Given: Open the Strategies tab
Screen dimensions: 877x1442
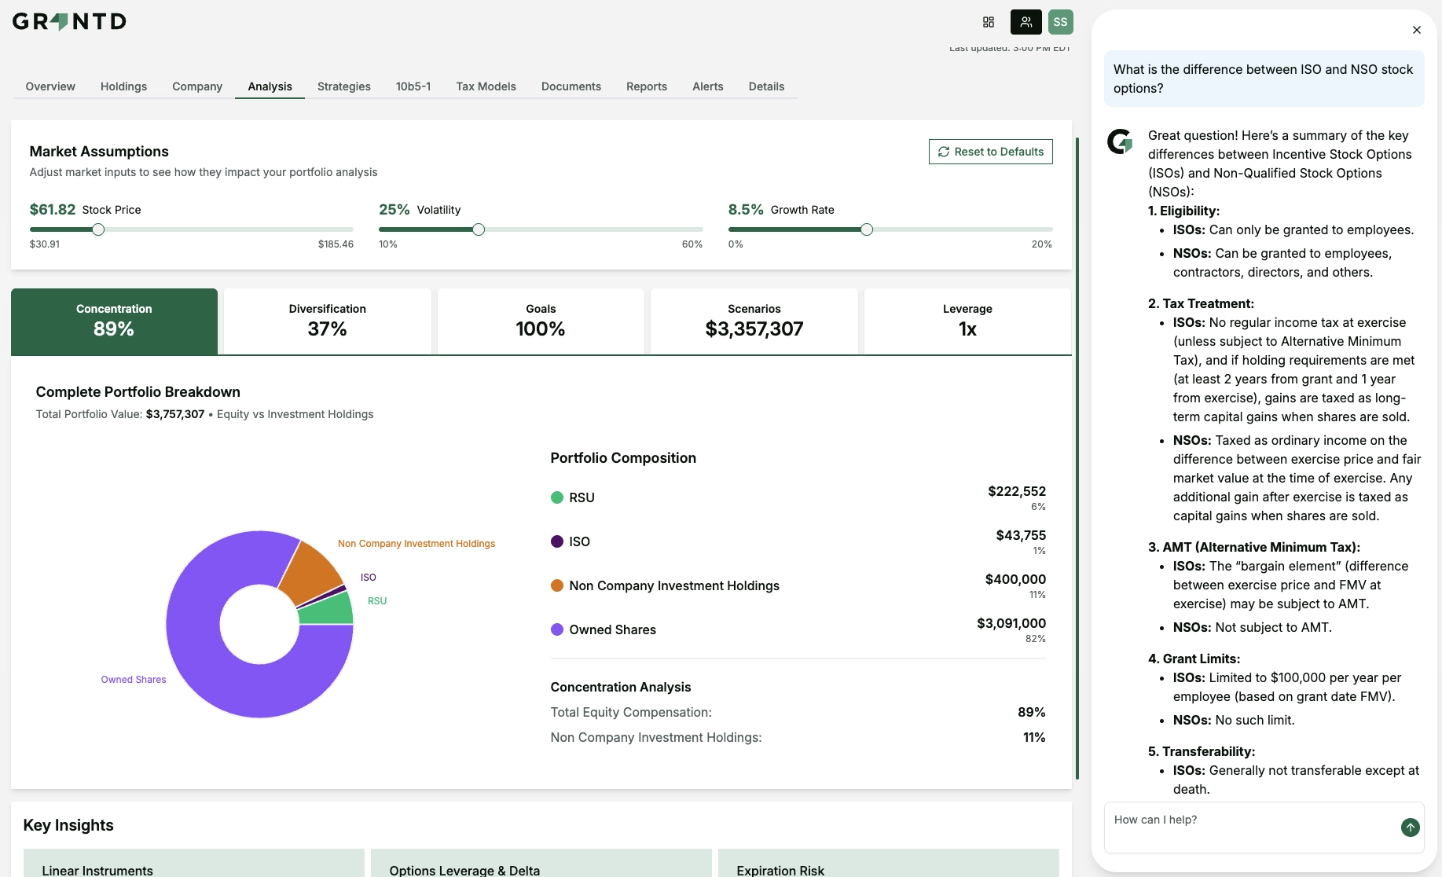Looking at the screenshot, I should [x=343, y=86].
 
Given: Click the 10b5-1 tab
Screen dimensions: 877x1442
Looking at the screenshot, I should [x=413, y=86].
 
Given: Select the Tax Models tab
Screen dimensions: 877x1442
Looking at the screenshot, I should [x=486, y=86].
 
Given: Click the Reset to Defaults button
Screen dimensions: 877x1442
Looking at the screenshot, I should [x=990, y=152].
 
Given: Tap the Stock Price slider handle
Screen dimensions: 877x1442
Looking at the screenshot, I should [x=98, y=229].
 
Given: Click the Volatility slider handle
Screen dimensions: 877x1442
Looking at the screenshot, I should [x=479, y=229].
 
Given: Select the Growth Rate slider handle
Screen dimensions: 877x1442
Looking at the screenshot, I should [x=866, y=229].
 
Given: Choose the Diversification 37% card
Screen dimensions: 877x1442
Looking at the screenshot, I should [x=327, y=321].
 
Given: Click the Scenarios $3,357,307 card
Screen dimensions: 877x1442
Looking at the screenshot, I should [x=754, y=321].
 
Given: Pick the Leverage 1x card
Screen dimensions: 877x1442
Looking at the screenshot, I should [x=967, y=321].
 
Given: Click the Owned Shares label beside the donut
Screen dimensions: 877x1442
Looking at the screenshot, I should [x=133, y=680].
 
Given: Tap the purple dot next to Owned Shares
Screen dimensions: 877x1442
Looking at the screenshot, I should [x=557, y=629].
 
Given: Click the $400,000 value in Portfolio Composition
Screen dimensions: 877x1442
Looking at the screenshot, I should [x=1015, y=579].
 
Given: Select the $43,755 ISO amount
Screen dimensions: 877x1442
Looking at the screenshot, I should [x=1020, y=535].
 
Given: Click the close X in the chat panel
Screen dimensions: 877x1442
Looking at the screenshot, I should [x=1416, y=30].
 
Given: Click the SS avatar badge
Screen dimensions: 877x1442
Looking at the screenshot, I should [x=1060, y=22].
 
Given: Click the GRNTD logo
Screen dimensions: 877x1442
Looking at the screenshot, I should [x=69, y=21].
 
